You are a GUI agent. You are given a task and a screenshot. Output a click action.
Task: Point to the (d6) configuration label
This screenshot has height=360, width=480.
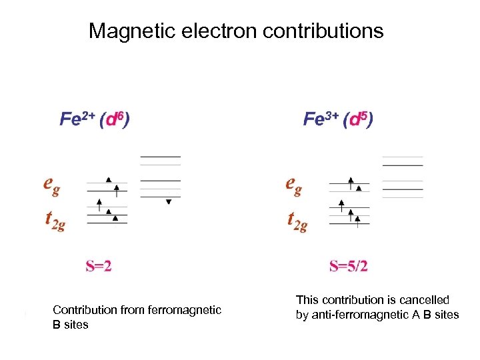coord(115,119)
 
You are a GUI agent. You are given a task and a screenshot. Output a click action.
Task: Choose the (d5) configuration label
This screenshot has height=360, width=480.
coord(358,119)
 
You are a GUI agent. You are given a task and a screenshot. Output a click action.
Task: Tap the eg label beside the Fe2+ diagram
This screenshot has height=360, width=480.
coord(52,184)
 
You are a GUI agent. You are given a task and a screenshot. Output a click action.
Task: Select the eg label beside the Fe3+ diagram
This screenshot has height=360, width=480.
coord(293,184)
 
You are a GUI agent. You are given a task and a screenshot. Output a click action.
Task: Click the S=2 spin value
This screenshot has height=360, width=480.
coord(99,267)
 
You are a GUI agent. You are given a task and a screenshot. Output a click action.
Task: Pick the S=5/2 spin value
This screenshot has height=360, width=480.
coord(349,267)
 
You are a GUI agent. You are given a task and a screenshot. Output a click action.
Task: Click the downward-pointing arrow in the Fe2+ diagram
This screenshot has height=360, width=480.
coord(169,201)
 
